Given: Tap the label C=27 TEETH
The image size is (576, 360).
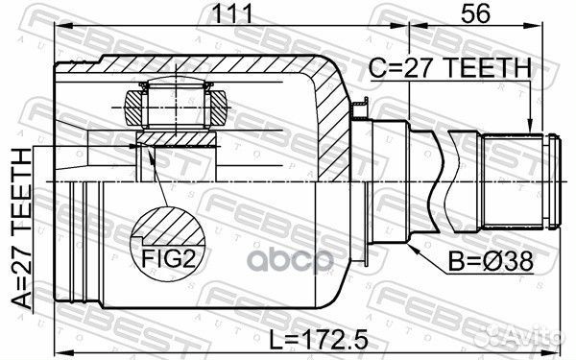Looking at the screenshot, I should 450,68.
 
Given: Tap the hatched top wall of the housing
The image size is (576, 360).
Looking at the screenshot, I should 192,66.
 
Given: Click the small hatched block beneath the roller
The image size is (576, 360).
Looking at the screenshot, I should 174,140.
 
